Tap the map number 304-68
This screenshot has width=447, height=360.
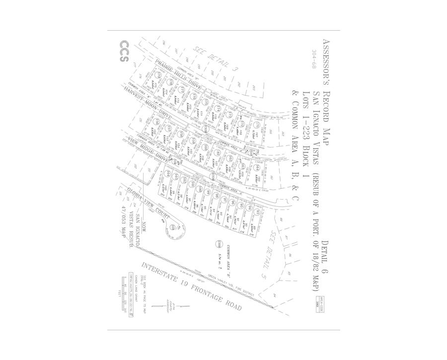point(313,60)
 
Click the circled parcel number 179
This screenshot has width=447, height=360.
point(158,75)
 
